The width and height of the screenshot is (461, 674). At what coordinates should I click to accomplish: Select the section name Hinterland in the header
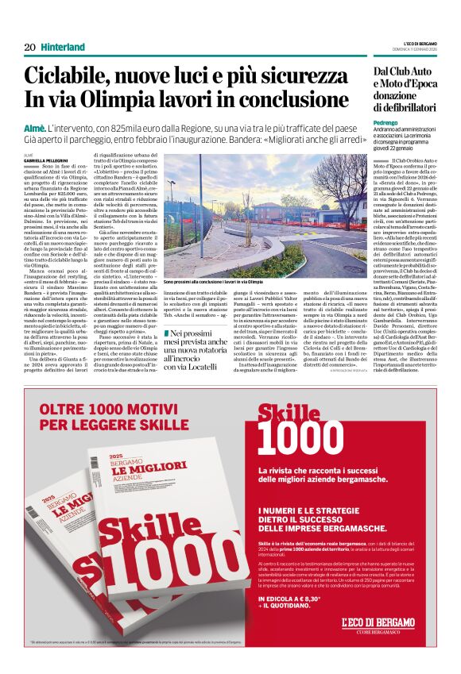point(63,47)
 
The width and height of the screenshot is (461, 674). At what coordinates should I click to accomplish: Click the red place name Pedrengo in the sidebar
point(388,122)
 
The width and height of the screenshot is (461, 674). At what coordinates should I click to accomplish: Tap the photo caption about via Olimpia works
point(213,281)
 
